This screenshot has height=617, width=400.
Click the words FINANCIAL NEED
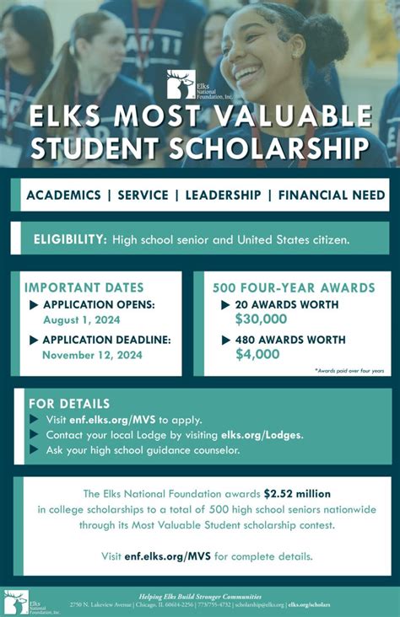(x=331, y=195)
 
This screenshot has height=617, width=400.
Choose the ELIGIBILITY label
(x=70, y=240)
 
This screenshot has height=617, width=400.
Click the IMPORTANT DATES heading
(x=84, y=287)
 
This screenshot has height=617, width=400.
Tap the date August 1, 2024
(x=82, y=319)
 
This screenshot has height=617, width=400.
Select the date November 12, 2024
(x=93, y=355)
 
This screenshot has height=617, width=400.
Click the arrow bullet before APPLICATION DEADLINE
(x=35, y=340)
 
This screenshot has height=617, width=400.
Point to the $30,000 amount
(x=261, y=319)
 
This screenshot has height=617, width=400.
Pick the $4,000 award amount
(x=257, y=354)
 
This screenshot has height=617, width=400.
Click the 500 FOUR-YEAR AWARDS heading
(x=294, y=287)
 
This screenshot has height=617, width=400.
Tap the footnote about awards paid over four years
(x=349, y=371)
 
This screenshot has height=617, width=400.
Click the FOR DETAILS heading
(x=69, y=404)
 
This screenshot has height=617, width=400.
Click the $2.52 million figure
(x=297, y=493)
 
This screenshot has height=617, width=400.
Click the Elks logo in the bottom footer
(x=16, y=600)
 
